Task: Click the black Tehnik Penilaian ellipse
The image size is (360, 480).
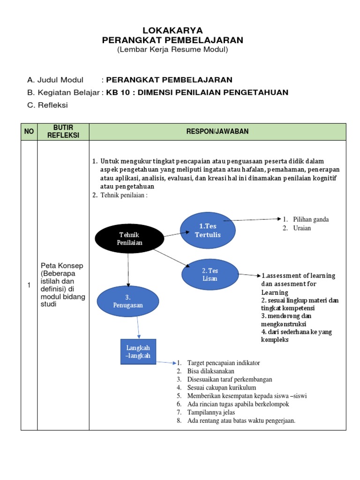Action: tap(129, 239)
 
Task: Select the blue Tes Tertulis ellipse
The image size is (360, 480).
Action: tap(208, 230)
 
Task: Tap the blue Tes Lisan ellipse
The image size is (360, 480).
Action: tap(210, 274)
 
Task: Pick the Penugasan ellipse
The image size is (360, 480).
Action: tap(127, 301)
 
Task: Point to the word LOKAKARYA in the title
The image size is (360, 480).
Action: tap(172, 30)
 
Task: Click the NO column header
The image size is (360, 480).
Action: tap(29, 132)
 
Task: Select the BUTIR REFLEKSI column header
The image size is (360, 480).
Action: tap(63, 132)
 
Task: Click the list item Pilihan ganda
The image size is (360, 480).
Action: tap(311, 219)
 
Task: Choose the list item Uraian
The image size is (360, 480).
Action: tap(302, 228)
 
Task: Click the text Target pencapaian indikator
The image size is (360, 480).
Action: tap(223, 363)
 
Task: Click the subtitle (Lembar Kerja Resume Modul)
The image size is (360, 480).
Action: tap(172, 50)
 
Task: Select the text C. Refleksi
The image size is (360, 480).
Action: tap(47, 105)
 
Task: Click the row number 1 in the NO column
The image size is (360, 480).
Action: tap(29, 285)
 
